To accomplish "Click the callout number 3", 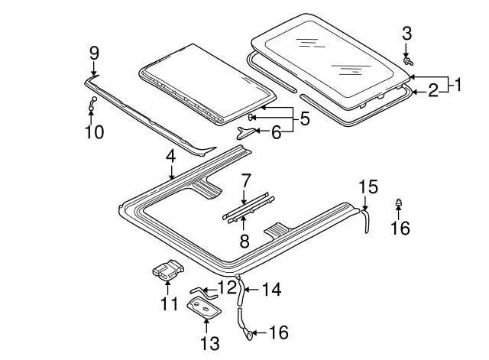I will click(x=406, y=33).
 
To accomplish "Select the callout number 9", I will click(x=94, y=53).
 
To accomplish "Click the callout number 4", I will click(x=171, y=156).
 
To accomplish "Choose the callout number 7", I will click(x=245, y=181).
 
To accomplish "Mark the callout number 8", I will click(x=244, y=242).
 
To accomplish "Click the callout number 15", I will click(x=368, y=186).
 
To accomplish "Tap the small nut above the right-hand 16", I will click(x=399, y=203).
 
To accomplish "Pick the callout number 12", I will click(x=226, y=287).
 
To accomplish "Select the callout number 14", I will click(x=271, y=290).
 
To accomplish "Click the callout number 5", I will click(x=303, y=118).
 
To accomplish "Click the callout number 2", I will click(x=433, y=91).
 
